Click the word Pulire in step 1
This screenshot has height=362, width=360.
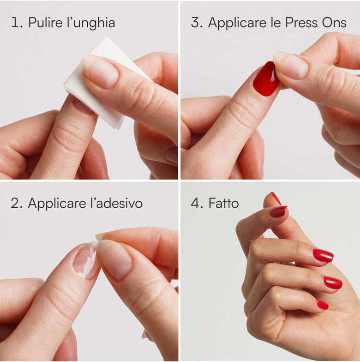[45, 23]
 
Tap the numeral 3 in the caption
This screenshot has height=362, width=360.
[197, 23]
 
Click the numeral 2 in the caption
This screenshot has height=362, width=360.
[16, 203]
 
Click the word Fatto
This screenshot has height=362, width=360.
[223, 203]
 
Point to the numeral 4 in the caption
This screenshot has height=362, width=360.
[197, 203]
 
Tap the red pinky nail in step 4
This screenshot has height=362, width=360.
[322, 304]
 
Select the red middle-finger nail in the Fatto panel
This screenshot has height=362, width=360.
[333, 283]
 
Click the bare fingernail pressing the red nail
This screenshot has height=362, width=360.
[291, 65]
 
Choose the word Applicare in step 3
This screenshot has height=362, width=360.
[237, 23]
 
